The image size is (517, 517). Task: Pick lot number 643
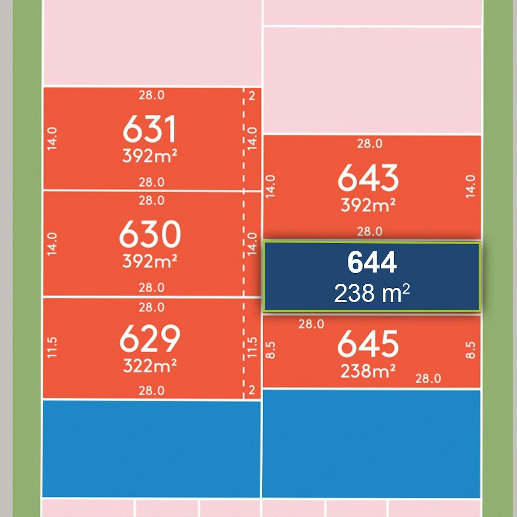pos(368,178)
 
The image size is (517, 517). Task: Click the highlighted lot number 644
pos(372,263)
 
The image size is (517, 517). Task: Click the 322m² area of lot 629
pos(150,366)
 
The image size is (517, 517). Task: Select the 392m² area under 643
pos(368,205)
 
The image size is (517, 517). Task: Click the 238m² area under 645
pos(368,371)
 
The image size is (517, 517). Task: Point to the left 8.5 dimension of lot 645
pos(271,350)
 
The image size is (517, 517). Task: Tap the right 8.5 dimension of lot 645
pos(471,350)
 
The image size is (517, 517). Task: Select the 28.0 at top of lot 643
pos(370,144)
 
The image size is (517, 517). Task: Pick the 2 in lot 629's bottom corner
pos(252,390)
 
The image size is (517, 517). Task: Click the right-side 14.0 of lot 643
pos(471,187)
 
